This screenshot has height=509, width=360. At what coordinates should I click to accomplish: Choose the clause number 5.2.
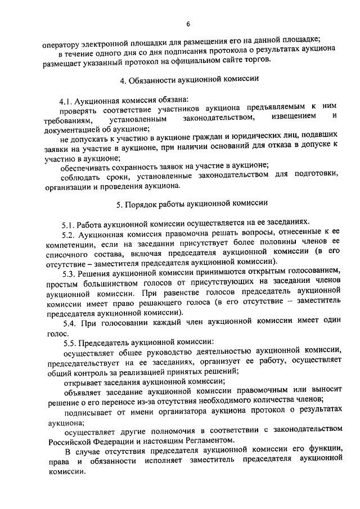(x=69, y=233)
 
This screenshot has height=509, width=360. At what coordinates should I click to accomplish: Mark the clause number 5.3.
(x=69, y=273)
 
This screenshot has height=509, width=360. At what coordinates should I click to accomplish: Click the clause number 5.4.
(x=69, y=323)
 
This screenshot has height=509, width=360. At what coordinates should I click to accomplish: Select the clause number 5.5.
(x=69, y=343)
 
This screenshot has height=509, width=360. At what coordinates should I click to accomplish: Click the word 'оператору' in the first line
(x=64, y=39)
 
